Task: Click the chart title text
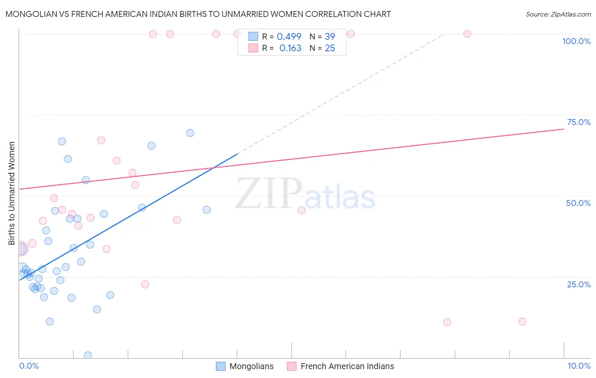point(198,14)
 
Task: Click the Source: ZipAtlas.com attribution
point(558,14)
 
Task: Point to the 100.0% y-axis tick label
point(576,41)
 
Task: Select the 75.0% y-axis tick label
point(579,122)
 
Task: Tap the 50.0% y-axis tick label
point(578,203)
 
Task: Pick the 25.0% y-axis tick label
point(579,284)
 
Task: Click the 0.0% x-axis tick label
point(29,366)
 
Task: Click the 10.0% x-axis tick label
point(579,366)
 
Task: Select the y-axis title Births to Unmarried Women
point(12,193)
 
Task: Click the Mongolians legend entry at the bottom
point(245,366)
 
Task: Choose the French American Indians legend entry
point(340,366)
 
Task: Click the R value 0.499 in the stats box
point(289,37)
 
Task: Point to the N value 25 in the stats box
point(330,48)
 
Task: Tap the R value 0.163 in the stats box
point(290,48)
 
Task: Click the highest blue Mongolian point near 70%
point(190,133)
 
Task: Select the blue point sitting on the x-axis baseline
point(88,355)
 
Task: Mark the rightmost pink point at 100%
point(467,34)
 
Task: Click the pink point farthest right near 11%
point(522,322)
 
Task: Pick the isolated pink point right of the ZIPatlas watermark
point(301,210)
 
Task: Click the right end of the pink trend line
point(564,129)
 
